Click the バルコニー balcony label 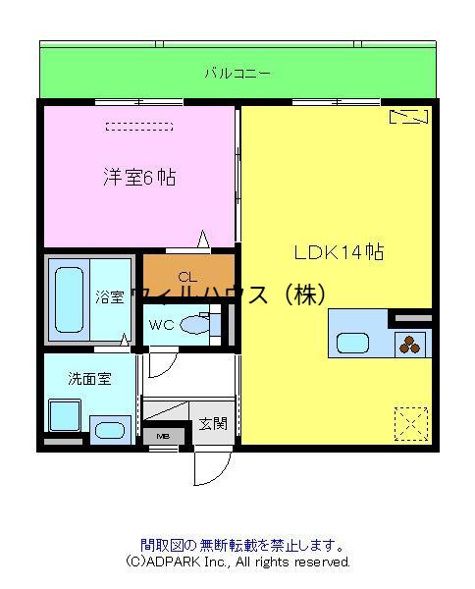pos(237,73)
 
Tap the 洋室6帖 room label pos(139,177)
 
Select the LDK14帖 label pos(339,252)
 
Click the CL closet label pos(187,277)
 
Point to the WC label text pos(162,325)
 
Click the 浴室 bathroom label pos(109,297)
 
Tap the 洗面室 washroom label pos(89,379)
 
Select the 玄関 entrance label pos(213,424)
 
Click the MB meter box pos(164,436)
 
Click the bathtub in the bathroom pos(69,299)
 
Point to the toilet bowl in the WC pos(195,325)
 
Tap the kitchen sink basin pos(352,344)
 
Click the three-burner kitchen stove pos(410,345)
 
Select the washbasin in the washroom pos(109,431)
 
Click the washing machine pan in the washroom pos(65,415)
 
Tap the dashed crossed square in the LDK pos(411,424)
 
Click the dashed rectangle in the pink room pos(139,127)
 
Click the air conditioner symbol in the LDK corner pos(408,117)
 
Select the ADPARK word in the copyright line pos(173,562)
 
